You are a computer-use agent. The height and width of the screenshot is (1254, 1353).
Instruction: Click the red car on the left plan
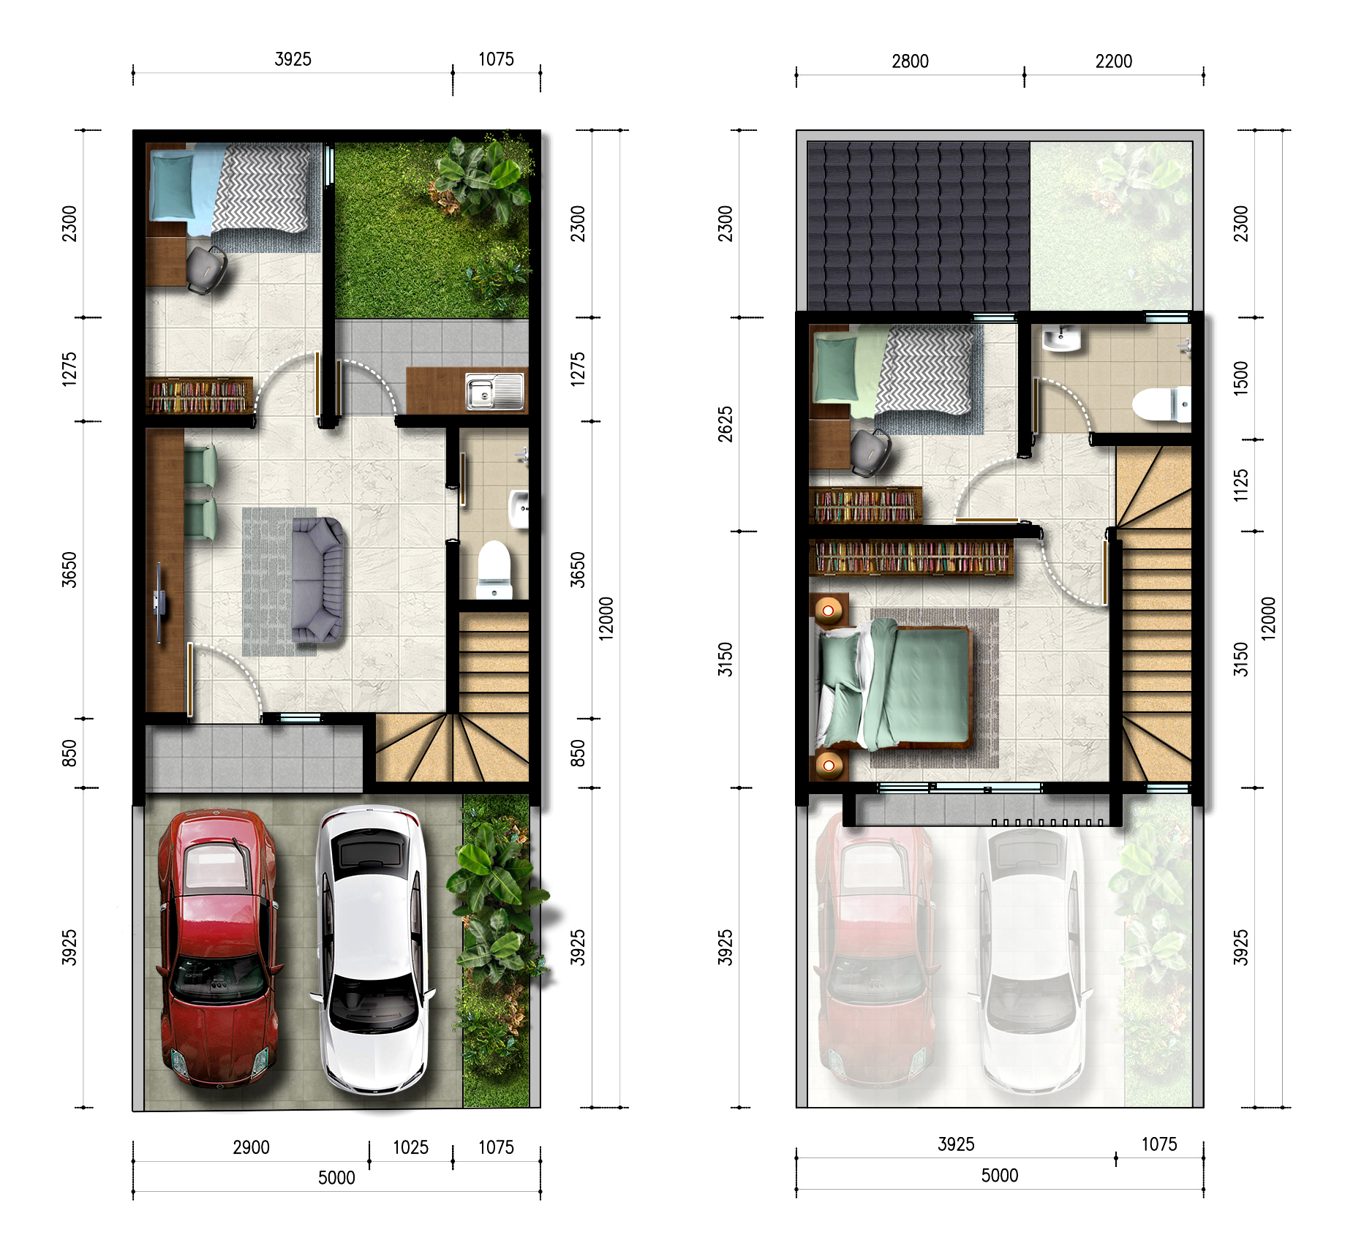(x=217, y=948)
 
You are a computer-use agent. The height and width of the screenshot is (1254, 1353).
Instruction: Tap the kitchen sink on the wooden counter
(x=495, y=390)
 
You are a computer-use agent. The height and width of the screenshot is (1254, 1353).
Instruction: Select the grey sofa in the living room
(x=317, y=580)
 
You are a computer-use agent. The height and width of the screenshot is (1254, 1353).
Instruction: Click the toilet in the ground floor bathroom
(x=494, y=569)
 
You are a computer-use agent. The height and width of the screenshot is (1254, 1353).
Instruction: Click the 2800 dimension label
(x=910, y=61)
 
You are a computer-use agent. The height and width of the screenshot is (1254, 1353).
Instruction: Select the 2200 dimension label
(x=1113, y=61)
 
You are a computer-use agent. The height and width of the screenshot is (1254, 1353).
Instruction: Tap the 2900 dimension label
(x=251, y=1147)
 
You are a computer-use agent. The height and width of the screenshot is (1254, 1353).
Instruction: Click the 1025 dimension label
(x=410, y=1147)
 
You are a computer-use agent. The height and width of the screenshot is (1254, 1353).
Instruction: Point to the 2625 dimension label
(x=725, y=424)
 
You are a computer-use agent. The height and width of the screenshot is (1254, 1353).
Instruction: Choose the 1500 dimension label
(x=1240, y=378)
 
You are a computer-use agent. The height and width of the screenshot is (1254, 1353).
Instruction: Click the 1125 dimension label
(x=1240, y=486)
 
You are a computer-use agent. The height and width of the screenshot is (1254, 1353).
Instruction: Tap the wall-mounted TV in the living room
(x=159, y=603)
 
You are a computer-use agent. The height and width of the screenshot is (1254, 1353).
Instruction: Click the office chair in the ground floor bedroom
(x=206, y=269)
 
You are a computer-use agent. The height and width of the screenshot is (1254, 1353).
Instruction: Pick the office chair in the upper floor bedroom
(x=870, y=452)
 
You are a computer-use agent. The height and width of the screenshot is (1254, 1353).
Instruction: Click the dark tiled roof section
(x=919, y=226)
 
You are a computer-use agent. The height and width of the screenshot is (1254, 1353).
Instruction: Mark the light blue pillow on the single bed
(x=173, y=186)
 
